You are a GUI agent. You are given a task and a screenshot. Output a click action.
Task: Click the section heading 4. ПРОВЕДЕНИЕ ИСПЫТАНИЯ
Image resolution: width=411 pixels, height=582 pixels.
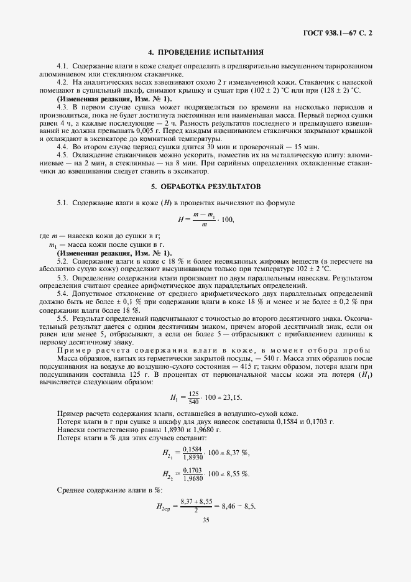click(206, 52)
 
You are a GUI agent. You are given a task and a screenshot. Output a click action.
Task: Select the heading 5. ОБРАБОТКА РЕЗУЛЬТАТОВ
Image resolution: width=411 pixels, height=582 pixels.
click(205, 187)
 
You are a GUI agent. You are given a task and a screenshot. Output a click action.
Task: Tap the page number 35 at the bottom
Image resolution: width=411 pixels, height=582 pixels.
click(205, 538)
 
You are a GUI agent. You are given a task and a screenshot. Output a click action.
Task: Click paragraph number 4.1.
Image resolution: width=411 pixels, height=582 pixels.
click(62, 66)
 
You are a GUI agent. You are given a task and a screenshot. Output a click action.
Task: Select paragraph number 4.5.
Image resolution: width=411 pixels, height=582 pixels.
click(62, 154)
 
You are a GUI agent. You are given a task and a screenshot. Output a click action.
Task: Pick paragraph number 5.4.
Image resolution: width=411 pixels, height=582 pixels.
click(62, 292)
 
